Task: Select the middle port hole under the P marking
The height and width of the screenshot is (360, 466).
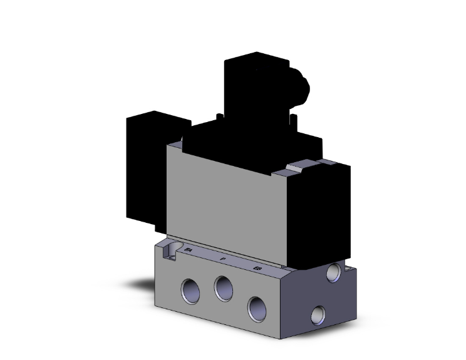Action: coord(222,288)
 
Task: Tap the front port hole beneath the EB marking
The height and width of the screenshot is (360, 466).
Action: coord(257,307)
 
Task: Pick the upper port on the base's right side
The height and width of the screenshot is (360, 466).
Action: coord(335,271)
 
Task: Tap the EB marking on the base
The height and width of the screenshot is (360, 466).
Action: coord(257,268)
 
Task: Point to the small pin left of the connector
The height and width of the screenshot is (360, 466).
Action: coord(217,117)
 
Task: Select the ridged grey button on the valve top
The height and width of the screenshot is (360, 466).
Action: coord(299,167)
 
